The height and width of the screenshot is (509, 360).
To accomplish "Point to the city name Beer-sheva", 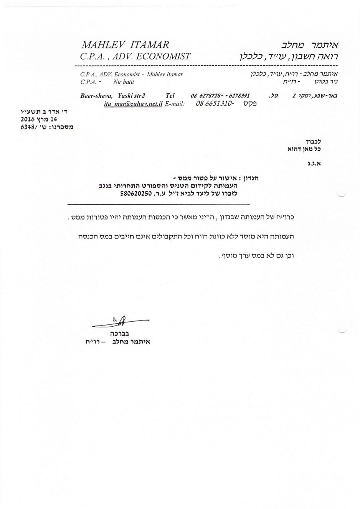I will pos(92,96).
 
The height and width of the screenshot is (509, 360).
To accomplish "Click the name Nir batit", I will pos(124,82).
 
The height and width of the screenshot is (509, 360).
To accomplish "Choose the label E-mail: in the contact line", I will pos(175,104).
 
